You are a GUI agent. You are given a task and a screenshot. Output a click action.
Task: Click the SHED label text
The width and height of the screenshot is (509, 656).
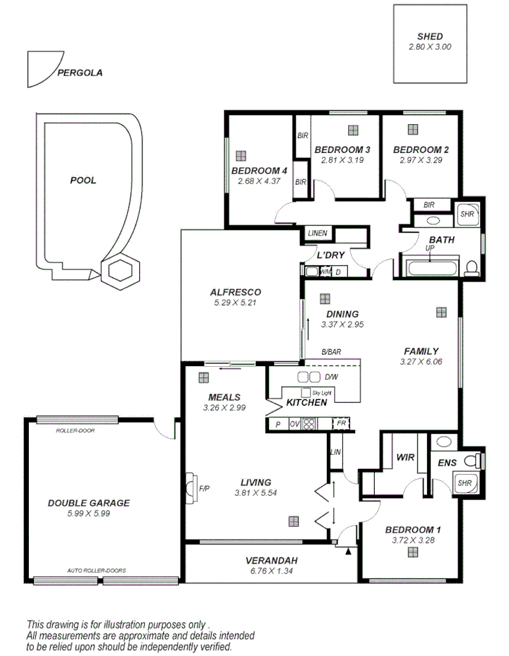click(429, 37)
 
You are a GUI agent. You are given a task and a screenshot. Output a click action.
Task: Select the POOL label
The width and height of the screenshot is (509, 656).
click(83, 181)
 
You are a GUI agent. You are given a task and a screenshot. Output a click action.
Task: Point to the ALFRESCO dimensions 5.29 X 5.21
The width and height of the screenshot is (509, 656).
click(235, 303)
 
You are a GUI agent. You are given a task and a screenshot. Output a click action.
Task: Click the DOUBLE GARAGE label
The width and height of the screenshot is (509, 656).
click(88, 503)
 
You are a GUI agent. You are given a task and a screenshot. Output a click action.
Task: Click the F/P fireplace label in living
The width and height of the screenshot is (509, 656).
click(205, 487)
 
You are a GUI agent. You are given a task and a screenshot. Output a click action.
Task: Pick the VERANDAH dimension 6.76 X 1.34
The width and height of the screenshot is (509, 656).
click(271, 571)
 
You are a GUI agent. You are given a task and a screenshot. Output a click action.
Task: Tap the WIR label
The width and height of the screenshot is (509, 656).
click(405, 457)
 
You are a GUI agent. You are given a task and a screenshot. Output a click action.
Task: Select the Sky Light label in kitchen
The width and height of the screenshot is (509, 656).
click(321, 391)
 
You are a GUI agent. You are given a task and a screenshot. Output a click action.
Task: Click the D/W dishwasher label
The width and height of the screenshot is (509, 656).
click(331, 377)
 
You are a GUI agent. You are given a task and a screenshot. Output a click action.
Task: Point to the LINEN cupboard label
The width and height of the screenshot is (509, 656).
click(317, 233)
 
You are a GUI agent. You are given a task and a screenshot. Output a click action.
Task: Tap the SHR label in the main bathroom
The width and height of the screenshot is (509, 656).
click(467, 213)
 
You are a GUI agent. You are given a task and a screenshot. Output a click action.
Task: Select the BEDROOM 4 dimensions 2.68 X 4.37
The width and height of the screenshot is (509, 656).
click(258, 181)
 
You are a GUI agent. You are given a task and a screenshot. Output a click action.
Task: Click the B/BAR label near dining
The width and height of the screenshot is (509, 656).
click(331, 351)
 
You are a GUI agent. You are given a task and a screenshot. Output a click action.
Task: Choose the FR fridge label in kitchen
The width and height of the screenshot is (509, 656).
click(342, 423)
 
